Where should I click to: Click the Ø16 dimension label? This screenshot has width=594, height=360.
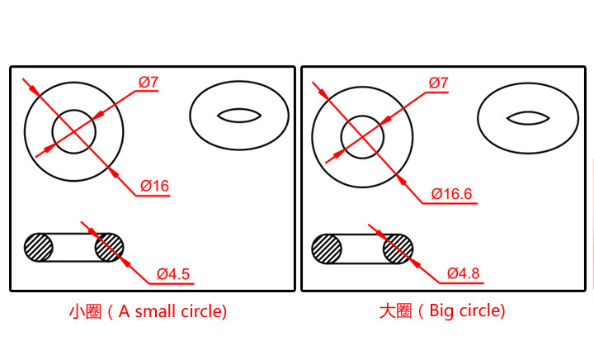(x=154, y=187)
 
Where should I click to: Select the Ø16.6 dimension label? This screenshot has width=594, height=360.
(x=451, y=195)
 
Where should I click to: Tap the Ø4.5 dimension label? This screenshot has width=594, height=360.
(x=173, y=273)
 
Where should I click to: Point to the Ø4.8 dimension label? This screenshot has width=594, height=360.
(x=464, y=273)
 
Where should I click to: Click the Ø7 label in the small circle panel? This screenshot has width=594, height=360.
(x=148, y=82)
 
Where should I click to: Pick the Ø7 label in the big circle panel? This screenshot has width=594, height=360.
(x=439, y=83)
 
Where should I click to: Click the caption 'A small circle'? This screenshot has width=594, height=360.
(x=172, y=311)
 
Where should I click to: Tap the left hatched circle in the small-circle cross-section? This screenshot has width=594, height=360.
(x=38, y=247)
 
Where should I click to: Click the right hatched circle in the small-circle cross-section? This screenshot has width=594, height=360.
(x=109, y=247)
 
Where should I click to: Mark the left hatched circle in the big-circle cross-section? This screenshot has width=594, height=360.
(x=327, y=248)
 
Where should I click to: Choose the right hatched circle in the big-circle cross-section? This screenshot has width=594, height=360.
(x=398, y=248)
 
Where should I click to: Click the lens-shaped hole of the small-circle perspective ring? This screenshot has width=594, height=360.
(x=238, y=116)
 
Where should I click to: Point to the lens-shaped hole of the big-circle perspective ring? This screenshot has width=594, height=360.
(x=528, y=117)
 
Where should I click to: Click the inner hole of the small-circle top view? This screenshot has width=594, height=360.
(x=74, y=130)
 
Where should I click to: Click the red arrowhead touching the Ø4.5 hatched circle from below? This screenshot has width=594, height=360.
(x=125, y=258)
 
